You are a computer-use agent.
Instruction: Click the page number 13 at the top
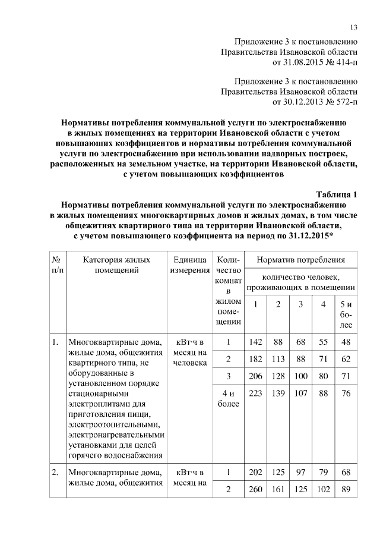(x=353, y=27)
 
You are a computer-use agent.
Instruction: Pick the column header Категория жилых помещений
(x=116, y=265)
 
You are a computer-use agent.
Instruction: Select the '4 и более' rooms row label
(x=228, y=399)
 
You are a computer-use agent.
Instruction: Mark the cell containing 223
(x=256, y=394)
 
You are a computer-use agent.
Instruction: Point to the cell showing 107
(x=301, y=394)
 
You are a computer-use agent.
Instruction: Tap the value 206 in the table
(x=256, y=376)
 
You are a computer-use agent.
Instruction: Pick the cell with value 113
(x=278, y=359)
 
